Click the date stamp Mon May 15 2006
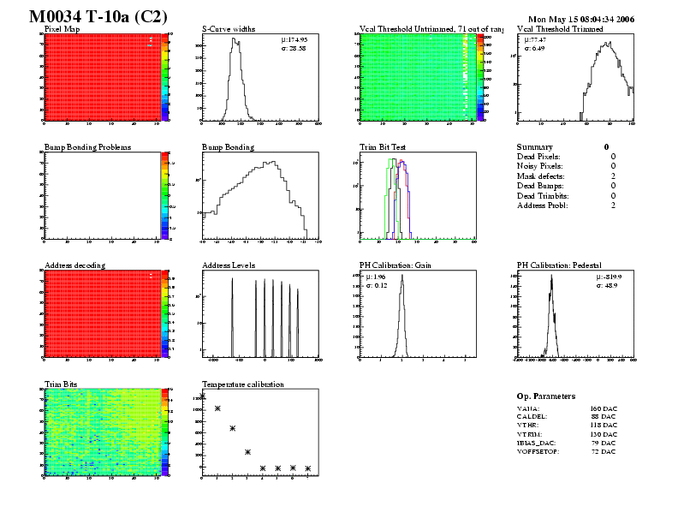(581, 18)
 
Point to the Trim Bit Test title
(383, 147)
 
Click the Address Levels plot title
(229, 265)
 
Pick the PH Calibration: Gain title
(395, 265)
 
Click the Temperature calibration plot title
(242, 384)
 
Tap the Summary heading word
(535, 147)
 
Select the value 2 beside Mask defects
(613, 176)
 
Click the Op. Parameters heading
(545, 396)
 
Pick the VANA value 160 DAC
(603, 409)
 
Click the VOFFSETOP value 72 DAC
(603, 451)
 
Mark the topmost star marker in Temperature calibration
(203, 396)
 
